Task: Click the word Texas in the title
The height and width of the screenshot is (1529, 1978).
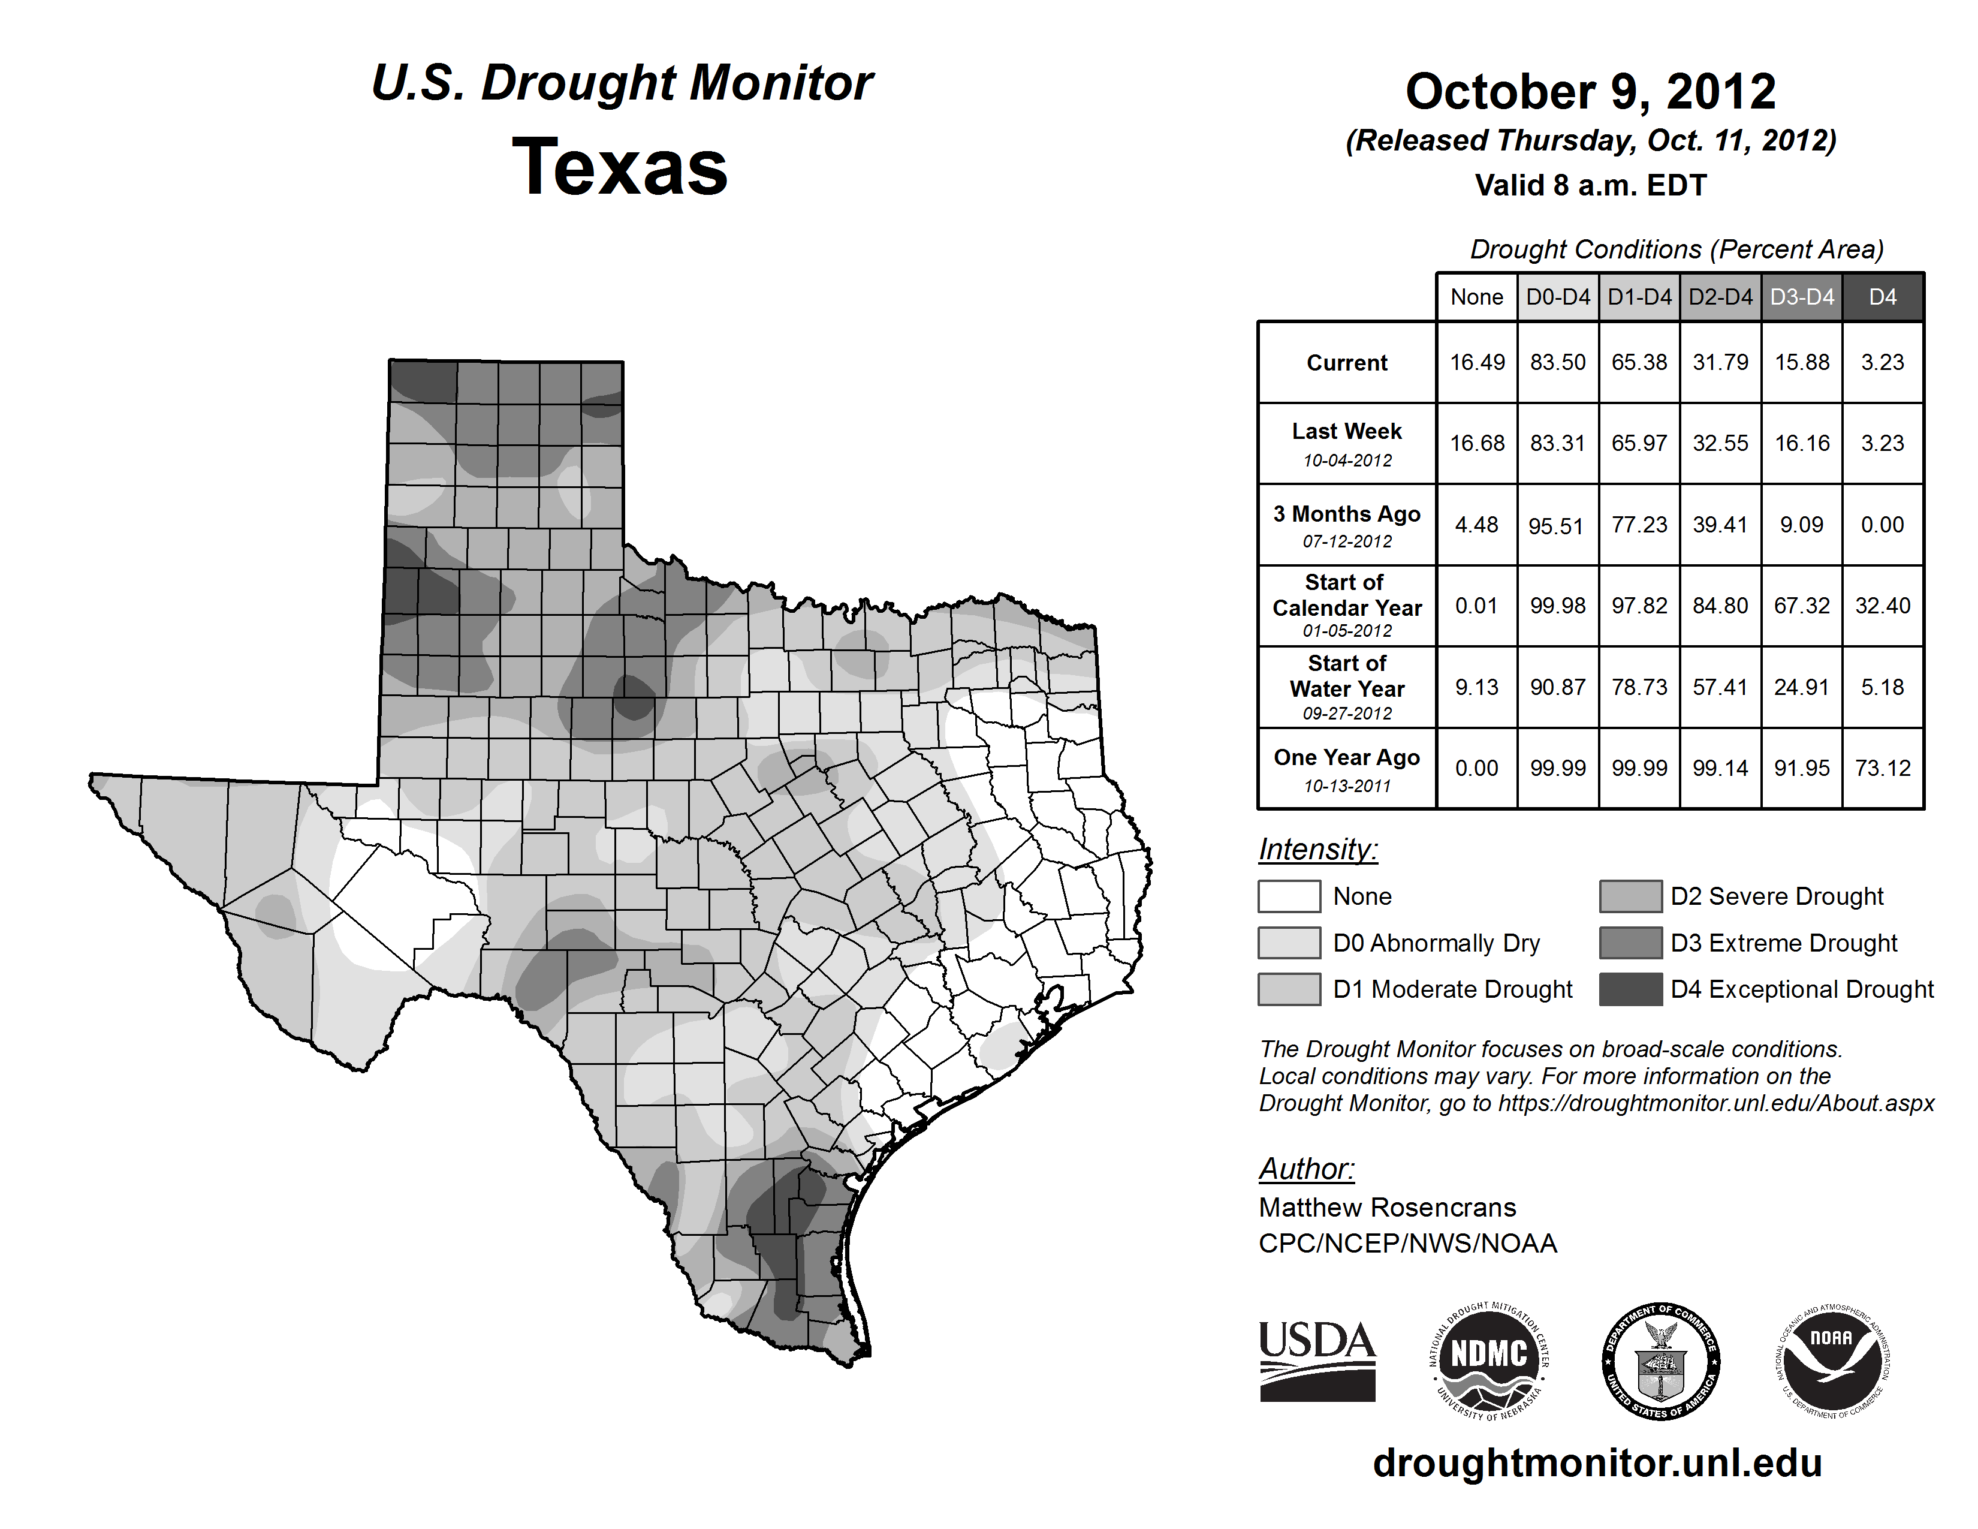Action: click(620, 167)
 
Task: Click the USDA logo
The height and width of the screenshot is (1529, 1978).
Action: click(1317, 1361)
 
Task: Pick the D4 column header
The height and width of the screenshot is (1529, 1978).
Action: click(1882, 297)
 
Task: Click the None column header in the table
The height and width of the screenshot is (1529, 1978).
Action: click(1476, 297)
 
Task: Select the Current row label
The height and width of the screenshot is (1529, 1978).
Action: click(1347, 362)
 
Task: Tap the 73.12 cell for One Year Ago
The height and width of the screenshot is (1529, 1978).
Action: click(1882, 768)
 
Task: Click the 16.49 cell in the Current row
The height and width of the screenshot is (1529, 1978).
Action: click(1476, 362)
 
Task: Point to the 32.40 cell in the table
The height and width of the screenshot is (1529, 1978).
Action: click(1882, 605)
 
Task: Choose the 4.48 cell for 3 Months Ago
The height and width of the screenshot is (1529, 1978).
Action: click(1476, 525)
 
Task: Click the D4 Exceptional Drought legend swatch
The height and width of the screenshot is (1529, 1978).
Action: click(1630, 989)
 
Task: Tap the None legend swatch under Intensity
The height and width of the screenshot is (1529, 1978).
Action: click(1289, 896)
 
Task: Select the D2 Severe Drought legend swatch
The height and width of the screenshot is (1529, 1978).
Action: click(1630, 896)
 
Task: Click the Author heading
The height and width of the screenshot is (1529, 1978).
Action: click(1306, 1169)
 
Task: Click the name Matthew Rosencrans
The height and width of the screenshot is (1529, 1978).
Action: click(1386, 1208)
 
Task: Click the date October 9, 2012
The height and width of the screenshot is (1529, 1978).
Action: click(1590, 92)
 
